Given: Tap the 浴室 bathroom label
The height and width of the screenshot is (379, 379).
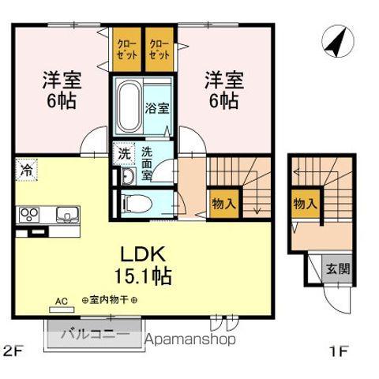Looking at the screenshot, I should point(157,109).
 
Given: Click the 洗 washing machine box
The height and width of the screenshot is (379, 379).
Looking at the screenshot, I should point(124,154).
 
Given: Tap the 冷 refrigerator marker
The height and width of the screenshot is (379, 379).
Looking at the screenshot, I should point(26,168).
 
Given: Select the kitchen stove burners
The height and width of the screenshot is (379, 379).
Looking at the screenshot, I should point(30,214).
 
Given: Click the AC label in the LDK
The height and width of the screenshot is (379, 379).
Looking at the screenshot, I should point(62,300).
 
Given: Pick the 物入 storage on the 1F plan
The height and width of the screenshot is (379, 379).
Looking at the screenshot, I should point(305,203).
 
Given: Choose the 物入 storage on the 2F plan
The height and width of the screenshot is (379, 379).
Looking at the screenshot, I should point(223,203).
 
